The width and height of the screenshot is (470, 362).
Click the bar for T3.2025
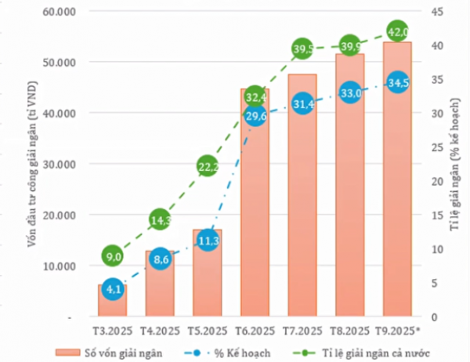[x=113, y=302]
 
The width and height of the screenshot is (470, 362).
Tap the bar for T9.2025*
[x=397, y=180]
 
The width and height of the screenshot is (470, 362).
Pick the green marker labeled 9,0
[x=113, y=256]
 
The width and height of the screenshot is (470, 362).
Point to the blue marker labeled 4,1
[x=113, y=288]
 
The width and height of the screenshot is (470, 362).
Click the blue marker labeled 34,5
[x=397, y=82]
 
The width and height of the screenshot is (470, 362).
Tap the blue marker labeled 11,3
[x=208, y=241]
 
